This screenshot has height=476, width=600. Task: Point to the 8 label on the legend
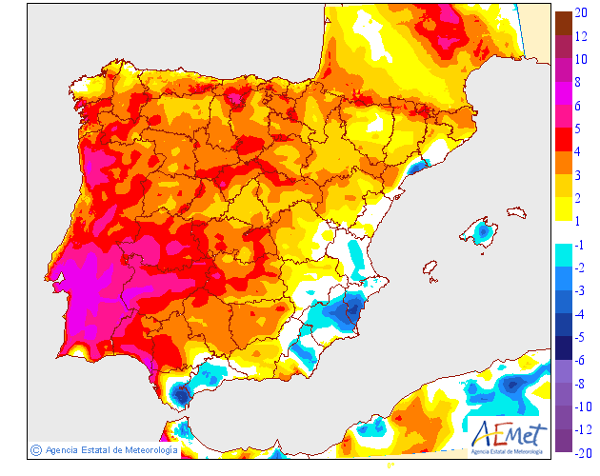coord(579,82)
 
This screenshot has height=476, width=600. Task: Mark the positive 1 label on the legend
coord(579,220)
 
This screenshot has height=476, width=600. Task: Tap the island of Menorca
coord(516,212)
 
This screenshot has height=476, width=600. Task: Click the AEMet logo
coord(510,434)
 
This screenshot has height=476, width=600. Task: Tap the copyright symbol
coord(35,449)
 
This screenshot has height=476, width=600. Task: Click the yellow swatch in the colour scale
coord(563,208)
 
